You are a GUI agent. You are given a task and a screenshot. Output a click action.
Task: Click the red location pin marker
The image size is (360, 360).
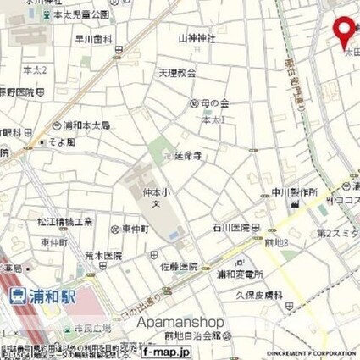343,31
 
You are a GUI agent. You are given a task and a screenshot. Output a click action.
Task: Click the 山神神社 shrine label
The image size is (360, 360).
197,39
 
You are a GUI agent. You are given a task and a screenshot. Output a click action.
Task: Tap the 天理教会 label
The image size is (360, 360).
176,73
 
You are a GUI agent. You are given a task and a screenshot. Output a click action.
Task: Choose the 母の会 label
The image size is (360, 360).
213,103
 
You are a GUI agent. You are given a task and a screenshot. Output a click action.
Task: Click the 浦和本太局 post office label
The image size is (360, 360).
86,124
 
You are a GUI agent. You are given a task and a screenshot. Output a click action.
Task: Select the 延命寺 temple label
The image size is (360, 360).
187,155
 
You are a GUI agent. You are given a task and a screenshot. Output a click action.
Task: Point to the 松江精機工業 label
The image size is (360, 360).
65,222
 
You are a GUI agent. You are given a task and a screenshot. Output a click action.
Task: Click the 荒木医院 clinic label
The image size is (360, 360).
107,256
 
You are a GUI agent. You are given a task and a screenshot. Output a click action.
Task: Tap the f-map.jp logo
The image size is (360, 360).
167,351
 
